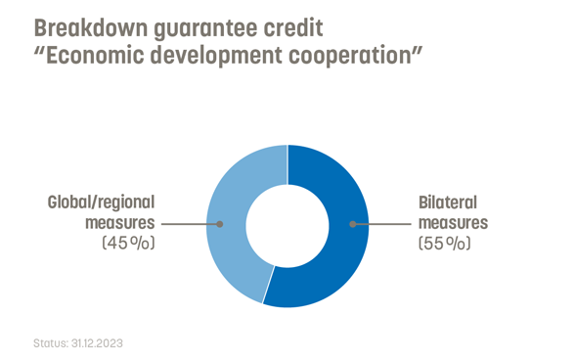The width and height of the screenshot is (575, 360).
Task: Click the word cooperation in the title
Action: click(365, 55)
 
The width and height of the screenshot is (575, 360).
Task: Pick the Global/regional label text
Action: click(102, 203)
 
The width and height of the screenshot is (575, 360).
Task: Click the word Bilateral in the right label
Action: click(447, 203)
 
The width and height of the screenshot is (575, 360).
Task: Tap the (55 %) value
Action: click(444, 243)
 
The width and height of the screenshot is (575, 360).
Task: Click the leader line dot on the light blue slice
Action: click(221, 224)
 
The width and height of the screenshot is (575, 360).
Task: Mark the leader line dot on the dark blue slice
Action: click(352, 224)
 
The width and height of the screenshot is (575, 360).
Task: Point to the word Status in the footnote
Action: click(49, 344)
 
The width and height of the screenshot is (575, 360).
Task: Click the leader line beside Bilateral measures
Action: click(381, 224)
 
